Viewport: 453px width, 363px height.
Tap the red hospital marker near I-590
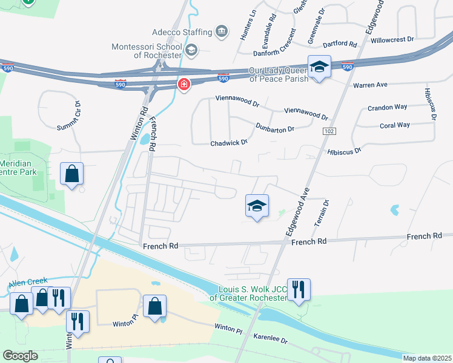click(184, 85)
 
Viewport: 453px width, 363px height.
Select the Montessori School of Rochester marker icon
click(191, 50)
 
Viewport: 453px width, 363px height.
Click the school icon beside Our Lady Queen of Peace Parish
click(319, 67)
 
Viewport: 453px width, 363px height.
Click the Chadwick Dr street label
click(229, 143)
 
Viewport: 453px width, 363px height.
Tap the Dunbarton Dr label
click(274, 128)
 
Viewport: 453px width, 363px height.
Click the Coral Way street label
click(395, 125)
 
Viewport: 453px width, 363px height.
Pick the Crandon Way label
click(388, 108)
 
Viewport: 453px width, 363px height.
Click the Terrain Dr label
click(321, 212)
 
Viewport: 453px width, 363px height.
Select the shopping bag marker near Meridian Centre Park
click(71, 174)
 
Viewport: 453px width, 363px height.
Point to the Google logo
click(19, 356)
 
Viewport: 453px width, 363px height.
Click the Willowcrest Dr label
click(392, 39)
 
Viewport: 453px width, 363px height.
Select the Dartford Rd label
click(340, 44)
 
